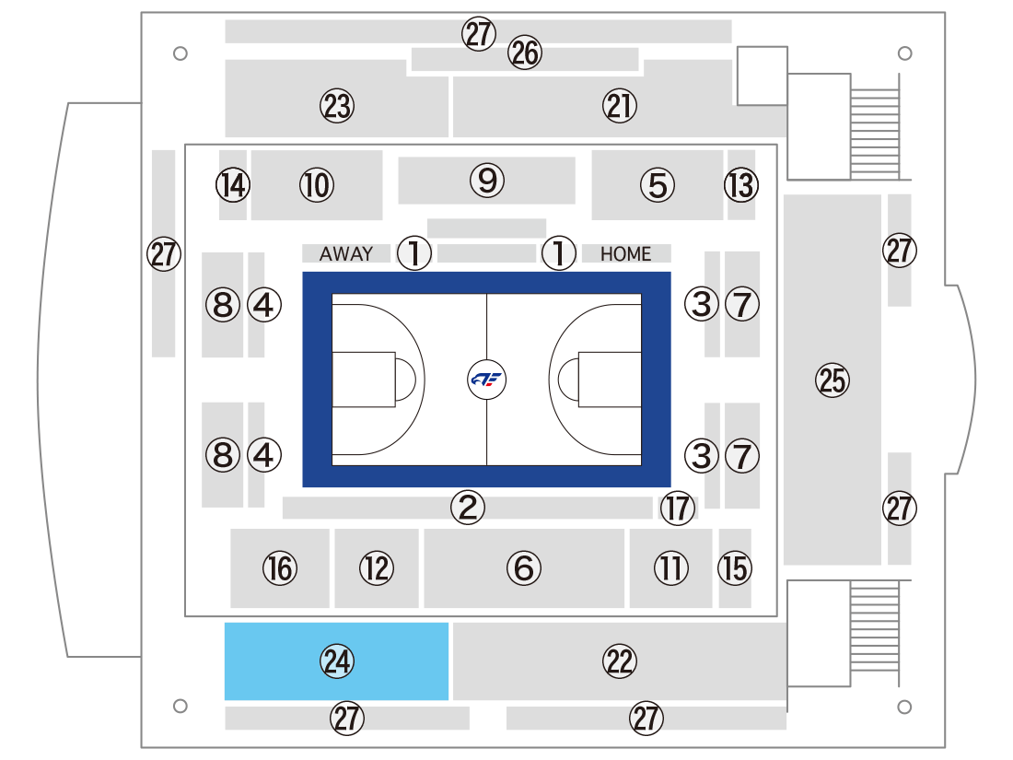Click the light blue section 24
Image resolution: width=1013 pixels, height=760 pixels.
(336, 661)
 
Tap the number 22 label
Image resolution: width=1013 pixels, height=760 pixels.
(620, 661)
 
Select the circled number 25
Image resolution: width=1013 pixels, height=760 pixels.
(833, 380)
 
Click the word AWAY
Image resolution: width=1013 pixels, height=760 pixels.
(346, 253)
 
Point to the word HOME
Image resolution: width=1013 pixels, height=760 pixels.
(625, 254)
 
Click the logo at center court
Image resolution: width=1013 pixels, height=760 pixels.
(486, 380)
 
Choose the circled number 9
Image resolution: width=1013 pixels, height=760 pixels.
(487, 181)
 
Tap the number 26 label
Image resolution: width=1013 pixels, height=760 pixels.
(524, 53)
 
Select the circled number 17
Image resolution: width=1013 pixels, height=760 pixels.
(677, 508)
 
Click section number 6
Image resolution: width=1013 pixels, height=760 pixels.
(523, 568)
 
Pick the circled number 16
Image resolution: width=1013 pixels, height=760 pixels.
(280, 568)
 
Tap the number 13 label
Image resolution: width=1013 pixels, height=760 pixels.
(741, 185)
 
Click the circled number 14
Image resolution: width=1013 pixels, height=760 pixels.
(233, 185)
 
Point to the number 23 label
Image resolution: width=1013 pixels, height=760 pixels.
(336, 106)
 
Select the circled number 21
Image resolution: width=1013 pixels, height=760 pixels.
(620, 106)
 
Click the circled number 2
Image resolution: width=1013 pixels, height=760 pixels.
(468, 507)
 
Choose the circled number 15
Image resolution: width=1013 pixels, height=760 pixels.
(735, 568)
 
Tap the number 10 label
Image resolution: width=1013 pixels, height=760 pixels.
(317, 185)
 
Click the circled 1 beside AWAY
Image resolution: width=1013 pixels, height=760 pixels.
(414, 252)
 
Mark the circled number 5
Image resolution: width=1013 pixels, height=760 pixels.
(657, 185)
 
